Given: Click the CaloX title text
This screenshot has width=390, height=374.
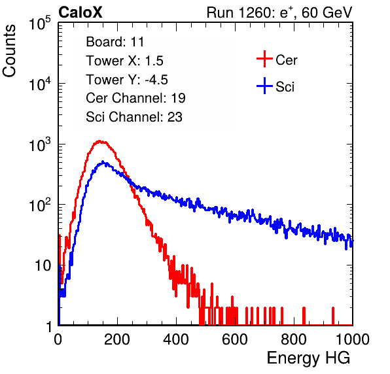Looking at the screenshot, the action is click(80, 12).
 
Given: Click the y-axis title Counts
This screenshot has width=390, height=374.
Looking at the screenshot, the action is click(9, 51).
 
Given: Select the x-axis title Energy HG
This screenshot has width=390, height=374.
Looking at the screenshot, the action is click(308, 358).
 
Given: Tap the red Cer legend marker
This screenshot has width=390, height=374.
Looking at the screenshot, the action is click(264, 59).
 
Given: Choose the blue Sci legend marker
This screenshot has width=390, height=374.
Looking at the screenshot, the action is click(264, 86).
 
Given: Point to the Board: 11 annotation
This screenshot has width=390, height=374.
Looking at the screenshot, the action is click(115, 41).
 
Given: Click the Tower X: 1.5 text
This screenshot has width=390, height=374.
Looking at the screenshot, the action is click(124, 61).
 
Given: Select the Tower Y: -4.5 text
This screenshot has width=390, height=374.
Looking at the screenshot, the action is click(127, 80).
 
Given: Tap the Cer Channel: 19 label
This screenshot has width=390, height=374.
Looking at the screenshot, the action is click(135, 98).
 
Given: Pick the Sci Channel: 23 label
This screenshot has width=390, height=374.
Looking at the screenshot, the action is click(134, 117).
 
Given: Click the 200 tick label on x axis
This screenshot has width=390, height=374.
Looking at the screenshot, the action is click(117, 339).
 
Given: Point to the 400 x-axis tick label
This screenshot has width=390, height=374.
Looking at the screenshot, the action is click(176, 339).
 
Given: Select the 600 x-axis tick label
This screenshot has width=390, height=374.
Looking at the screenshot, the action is click(235, 339).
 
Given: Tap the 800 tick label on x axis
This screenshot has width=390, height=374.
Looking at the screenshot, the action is click(294, 339).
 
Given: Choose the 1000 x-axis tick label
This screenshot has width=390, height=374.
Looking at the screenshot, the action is click(353, 339).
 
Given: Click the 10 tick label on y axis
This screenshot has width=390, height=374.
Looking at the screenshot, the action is click(43, 265).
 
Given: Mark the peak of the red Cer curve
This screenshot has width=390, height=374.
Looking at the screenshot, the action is click(99, 141).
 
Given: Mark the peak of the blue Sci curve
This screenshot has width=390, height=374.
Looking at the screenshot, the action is click(103, 161).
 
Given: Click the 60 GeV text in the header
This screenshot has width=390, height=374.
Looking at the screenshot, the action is click(327, 12).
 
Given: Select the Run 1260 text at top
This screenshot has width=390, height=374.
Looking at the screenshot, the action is click(239, 12).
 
